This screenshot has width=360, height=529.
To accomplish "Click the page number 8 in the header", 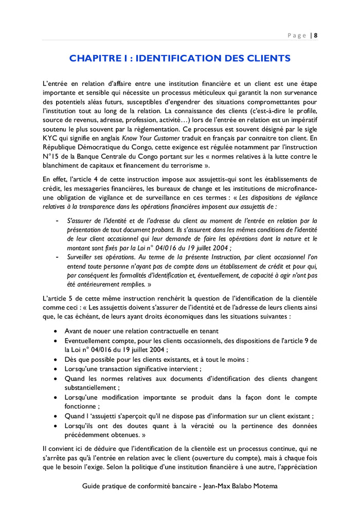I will (x=315, y=36).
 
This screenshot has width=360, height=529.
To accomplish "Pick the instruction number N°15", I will (x=51, y=156).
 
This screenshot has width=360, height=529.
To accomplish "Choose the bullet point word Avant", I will (x=74, y=331).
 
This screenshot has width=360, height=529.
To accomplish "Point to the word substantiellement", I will (x=91, y=387).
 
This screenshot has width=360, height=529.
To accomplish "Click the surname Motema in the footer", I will (x=264, y=486).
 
